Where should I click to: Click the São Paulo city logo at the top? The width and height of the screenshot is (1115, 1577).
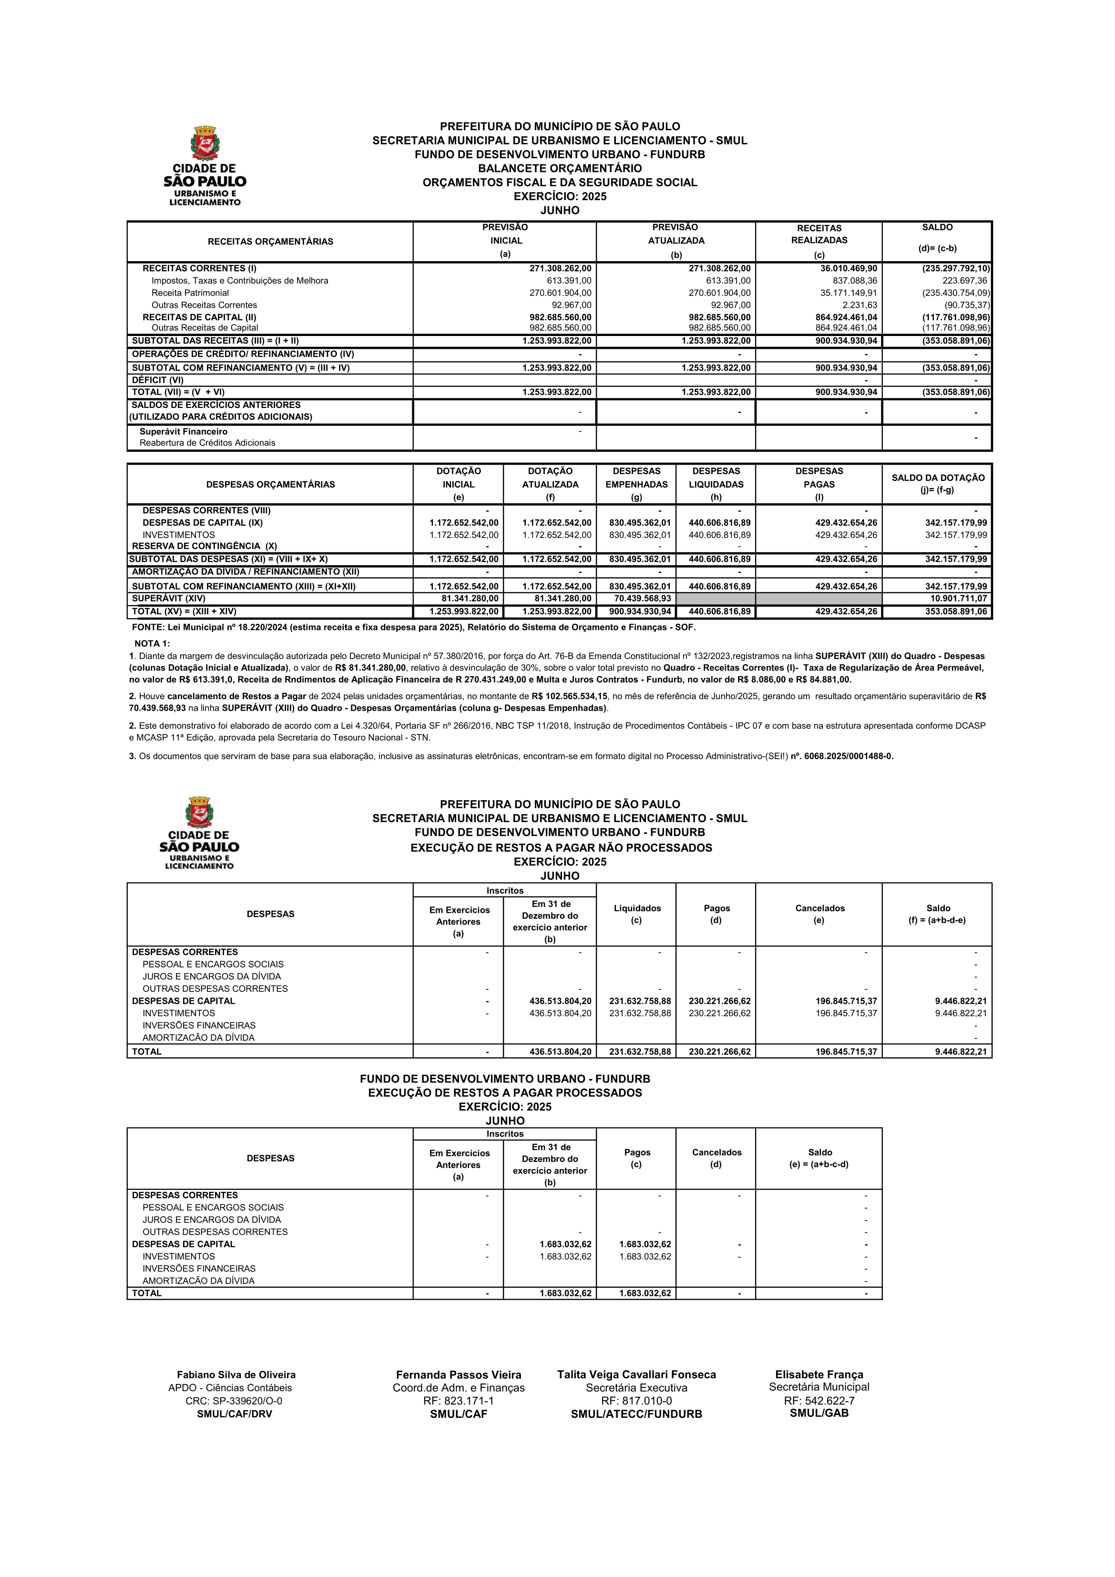click(x=205, y=165)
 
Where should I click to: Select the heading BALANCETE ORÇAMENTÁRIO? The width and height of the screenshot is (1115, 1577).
click(x=560, y=168)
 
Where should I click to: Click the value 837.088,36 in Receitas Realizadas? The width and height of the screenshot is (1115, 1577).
click(x=855, y=281)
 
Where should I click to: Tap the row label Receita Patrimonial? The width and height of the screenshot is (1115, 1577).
click(x=190, y=293)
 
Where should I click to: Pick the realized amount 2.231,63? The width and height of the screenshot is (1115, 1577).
click(x=859, y=305)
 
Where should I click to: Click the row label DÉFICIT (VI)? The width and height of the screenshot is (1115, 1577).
click(x=158, y=380)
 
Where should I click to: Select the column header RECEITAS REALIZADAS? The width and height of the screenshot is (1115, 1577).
click(x=819, y=234)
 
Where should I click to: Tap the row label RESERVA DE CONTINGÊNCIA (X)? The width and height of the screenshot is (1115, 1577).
click(x=205, y=546)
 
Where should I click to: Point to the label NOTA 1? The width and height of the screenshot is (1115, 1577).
click(x=152, y=643)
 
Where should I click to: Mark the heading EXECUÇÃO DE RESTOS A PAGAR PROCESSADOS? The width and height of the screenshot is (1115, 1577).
click(x=505, y=1093)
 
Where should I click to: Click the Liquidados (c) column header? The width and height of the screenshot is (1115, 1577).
click(x=637, y=914)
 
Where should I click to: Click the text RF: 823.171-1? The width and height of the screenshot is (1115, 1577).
click(x=458, y=1401)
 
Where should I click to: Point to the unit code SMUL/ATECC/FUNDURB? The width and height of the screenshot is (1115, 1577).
click(x=636, y=1414)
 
